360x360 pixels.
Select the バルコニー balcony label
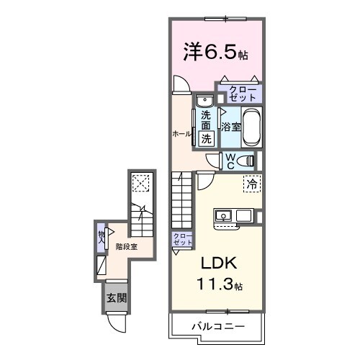coord(217,326)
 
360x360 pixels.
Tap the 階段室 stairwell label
coord(126,246)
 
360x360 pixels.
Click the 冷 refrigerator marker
coord(251,185)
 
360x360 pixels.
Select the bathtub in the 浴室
coord(251,127)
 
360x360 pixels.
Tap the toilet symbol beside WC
coord(246,161)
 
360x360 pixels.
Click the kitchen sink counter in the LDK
coord(233,215)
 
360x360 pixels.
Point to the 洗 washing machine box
coord(206,138)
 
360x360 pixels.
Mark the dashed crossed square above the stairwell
coord(141,183)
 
